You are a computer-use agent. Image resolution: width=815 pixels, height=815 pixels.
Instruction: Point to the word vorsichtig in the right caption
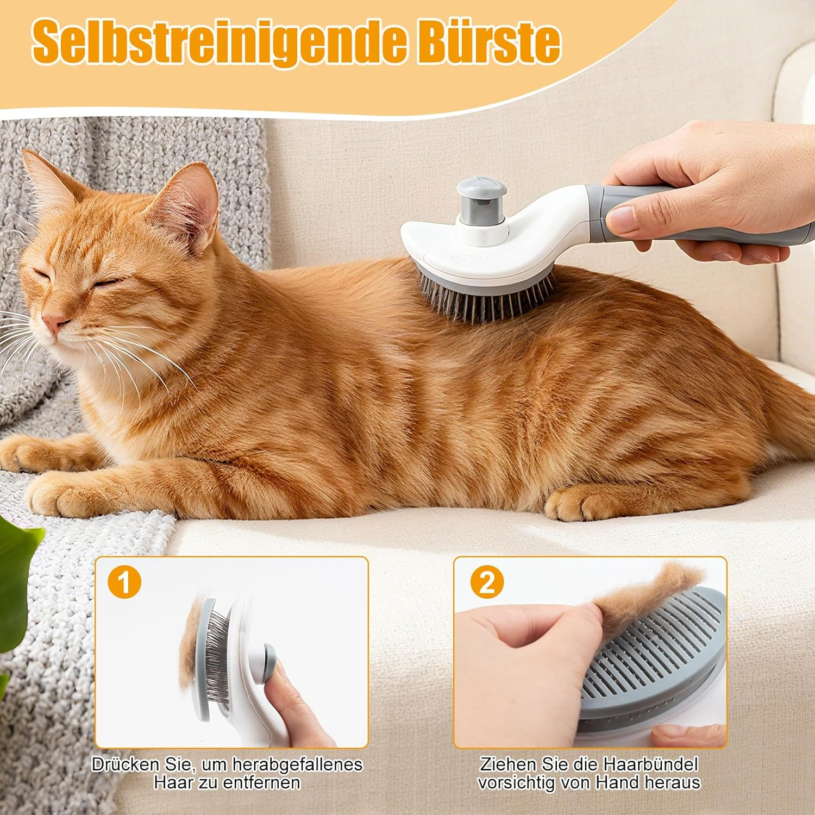[x=522, y=783]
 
